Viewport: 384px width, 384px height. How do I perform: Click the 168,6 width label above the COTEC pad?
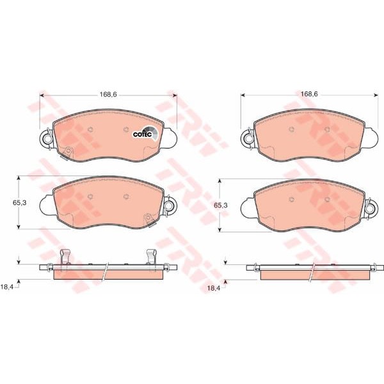(x=108, y=94)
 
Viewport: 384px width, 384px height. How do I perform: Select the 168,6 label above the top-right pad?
(x=309, y=94)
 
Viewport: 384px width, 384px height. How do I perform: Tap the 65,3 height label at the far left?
(x=20, y=203)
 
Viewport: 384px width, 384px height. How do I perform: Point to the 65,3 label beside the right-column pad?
(x=221, y=205)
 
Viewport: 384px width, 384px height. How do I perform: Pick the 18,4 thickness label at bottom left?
(x=6, y=287)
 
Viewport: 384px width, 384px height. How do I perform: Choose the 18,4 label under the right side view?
(x=214, y=288)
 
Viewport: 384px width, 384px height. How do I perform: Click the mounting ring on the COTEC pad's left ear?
(x=47, y=139)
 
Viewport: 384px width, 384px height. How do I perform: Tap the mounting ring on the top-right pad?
(x=248, y=139)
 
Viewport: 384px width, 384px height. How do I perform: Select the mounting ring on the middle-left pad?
(x=169, y=205)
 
